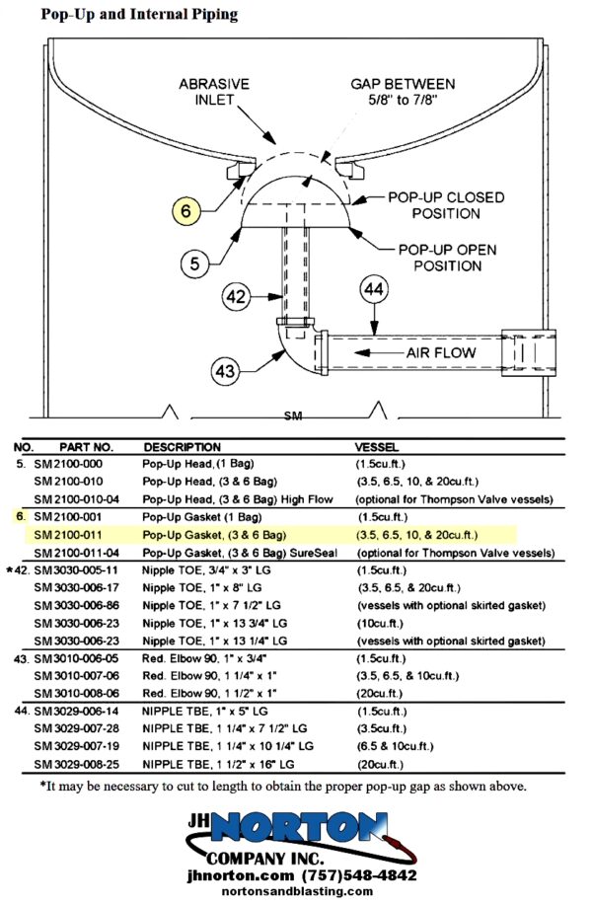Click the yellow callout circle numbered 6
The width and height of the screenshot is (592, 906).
[185, 210]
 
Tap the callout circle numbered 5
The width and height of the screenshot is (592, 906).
[194, 264]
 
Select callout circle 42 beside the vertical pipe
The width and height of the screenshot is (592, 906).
[236, 297]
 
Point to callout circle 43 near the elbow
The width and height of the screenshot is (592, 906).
[226, 370]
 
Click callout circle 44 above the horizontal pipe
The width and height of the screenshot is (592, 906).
[374, 289]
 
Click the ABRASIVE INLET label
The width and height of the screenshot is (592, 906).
[214, 92]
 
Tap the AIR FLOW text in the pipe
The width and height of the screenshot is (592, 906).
[441, 352]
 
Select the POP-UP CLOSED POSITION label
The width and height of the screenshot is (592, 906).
[446, 205]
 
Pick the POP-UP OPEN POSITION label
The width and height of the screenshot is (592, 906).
[448, 258]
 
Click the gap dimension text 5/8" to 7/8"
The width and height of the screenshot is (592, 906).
[404, 100]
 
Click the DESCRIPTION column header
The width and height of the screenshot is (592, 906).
[182, 447]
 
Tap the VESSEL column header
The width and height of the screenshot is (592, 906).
[377, 447]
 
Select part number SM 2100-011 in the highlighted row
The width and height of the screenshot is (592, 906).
[67, 535]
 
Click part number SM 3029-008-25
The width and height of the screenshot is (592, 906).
[76, 765]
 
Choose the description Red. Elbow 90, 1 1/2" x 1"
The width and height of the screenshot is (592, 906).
[209, 693]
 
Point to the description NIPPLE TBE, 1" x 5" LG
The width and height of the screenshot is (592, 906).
[205, 712]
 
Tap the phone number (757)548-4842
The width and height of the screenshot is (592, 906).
[359, 875]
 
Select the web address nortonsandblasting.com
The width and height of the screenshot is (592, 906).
[297, 891]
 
